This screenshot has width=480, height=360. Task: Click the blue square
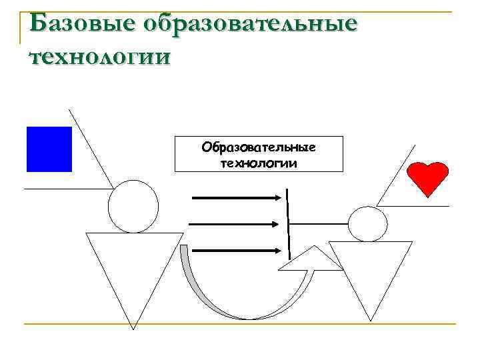pos(49,149)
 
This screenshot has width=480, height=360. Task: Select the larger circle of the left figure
pos(133,206)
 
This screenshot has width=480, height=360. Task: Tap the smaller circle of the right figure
pos(367,223)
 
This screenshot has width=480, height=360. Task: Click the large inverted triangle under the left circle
pos(133,267)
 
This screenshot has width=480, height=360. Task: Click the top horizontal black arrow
pos(237,197)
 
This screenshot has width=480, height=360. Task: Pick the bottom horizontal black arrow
pos(237,251)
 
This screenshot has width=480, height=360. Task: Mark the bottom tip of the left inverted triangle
pos(133,328)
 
